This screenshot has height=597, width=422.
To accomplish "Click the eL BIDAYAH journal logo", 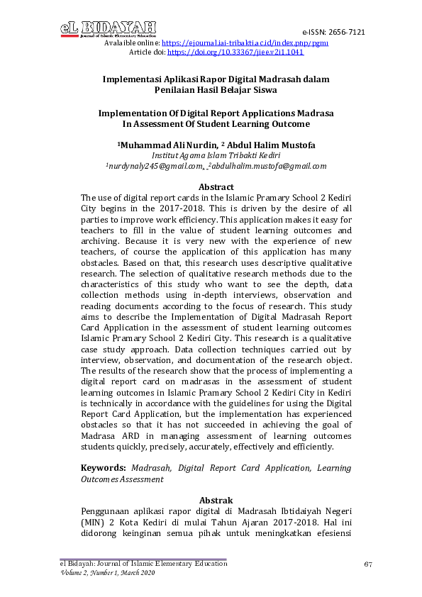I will click(109, 28).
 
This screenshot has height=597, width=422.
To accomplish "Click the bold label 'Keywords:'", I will click(104, 468).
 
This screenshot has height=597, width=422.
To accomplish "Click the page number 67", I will click(367, 564).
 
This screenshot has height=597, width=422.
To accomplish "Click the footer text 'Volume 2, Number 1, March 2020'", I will click(106, 573).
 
